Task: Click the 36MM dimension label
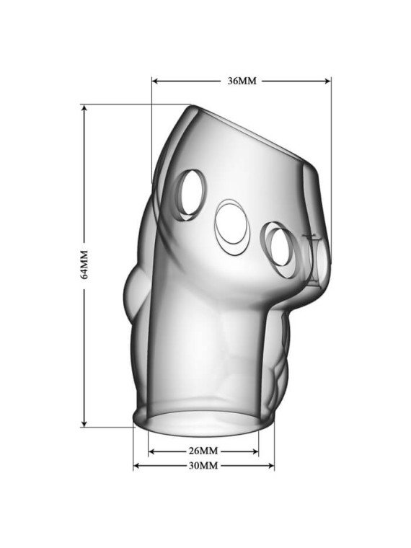click(x=242, y=81)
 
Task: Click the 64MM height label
click(x=84, y=265)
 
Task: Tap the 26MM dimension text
click(x=203, y=451)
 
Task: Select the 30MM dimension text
click(x=203, y=466)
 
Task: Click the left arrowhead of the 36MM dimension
click(x=156, y=81)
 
